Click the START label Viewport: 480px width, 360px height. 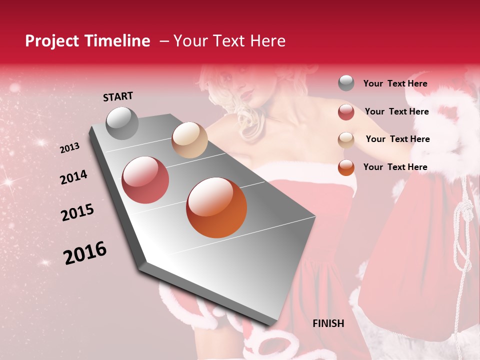[x=118, y=96]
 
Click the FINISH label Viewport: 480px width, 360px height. [x=328, y=323]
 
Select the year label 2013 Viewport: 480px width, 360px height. [x=69, y=148]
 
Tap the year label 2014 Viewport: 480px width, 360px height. [x=73, y=177]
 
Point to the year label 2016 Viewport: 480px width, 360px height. [x=85, y=253]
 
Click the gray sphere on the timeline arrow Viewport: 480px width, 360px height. [x=122, y=123]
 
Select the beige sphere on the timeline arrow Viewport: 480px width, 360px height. [x=189, y=140]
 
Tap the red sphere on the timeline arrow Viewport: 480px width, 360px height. [x=145, y=179]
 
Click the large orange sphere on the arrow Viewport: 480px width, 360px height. [x=216, y=207]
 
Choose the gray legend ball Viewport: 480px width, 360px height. [x=346, y=83]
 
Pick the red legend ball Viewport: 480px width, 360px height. [x=346, y=112]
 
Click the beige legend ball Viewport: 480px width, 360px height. [x=346, y=140]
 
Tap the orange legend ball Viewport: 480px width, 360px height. [x=346, y=167]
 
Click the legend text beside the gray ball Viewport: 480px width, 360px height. [x=395, y=83]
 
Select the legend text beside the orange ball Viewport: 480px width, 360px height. [x=395, y=167]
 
